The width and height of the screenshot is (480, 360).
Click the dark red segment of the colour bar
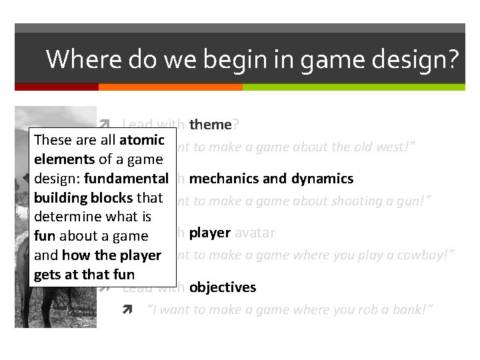pyautogui.click(x=57, y=87)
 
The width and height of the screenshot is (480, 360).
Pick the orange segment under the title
pyautogui.click(x=170, y=87)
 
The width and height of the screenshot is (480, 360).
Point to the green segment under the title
pyautogui.click(x=353, y=87)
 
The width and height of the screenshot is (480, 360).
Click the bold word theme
pyautogui.click(x=210, y=125)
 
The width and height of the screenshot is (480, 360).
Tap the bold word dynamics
pyautogui.click(x=322, y=179)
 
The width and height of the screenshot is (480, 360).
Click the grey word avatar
pyautogui.click(x=255, y=233)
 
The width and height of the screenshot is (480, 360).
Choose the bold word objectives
pyautogui.click(x=223, y=287)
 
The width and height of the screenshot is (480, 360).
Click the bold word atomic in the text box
pyautogui.click(x=142, y=140)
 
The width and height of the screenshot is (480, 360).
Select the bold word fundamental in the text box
pyautogui.click(x=126, y=179)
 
